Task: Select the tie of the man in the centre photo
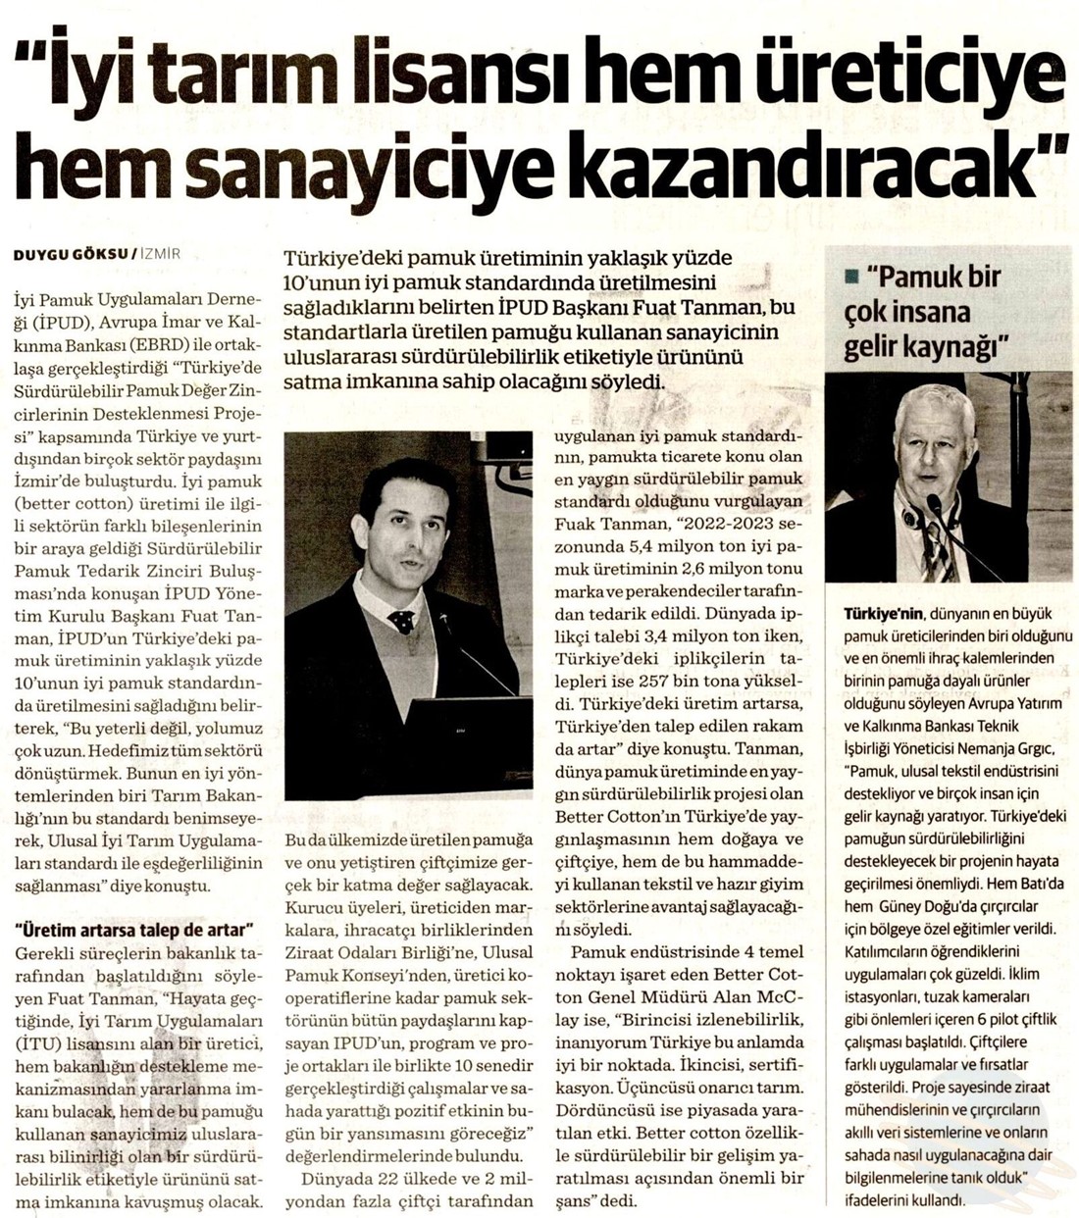tap(401, 621)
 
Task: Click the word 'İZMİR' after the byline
tap(161, 254)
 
